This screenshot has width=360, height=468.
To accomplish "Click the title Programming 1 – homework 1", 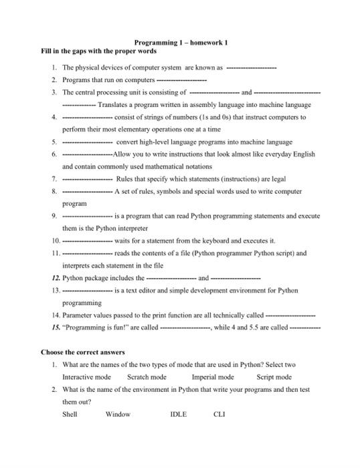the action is [x=181, y=42].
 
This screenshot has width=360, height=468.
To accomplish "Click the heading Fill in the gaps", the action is [x=98, y=51].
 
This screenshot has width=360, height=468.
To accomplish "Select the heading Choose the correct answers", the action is [x=82, y=352].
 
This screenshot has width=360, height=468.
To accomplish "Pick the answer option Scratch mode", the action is [x=147, y=377].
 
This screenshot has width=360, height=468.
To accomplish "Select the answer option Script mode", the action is [x=274, y=377].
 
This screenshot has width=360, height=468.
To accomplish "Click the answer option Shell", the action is [x=70, y=415].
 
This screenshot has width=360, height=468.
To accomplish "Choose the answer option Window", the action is [x=118, y=415].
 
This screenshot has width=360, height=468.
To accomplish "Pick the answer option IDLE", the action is [x=178, y=415].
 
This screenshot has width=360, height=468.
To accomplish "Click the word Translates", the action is [x=114, y=105].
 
